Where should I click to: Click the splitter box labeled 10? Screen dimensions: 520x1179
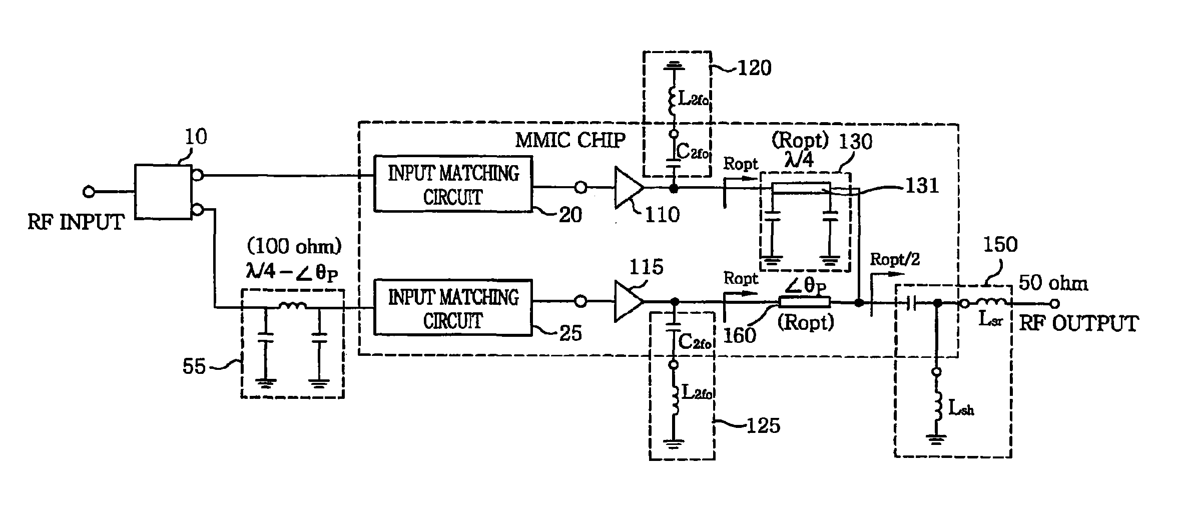[163, 192]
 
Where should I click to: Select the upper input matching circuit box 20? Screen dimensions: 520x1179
[453, 184]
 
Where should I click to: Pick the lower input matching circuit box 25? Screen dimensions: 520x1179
[453, 307]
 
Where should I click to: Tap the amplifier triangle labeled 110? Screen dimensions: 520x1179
[628, 188]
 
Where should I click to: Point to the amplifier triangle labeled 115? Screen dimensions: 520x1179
[628, 301]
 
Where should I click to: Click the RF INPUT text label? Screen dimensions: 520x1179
[76, 222]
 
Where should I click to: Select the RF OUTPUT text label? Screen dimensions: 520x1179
[1078, 323]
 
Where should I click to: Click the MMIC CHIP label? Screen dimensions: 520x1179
[570, 140]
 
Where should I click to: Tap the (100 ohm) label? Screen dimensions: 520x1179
[294, 246]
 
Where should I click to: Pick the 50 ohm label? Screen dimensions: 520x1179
[1053, 284]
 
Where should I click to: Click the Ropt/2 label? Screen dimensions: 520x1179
[895, 259]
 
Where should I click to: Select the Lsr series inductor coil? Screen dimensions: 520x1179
[992, 302]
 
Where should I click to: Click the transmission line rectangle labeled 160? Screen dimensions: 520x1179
[804, 302]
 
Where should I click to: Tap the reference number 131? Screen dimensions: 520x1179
[922, 186]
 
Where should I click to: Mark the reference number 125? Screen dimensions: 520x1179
[763, 425]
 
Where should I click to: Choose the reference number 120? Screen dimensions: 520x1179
[755, 68]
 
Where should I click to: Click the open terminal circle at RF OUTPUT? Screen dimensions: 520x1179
[1054, 303]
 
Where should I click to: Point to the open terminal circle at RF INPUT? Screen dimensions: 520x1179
[89, 192]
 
